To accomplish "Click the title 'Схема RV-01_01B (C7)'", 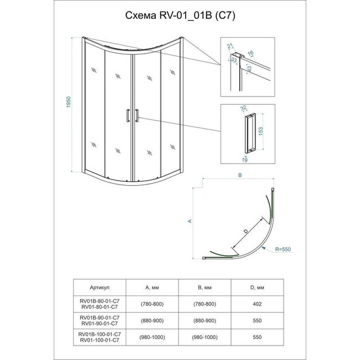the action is click(x=180, y=16).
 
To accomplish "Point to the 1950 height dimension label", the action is click(x=68, y=102).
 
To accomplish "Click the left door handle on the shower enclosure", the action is click(x=128, y=116).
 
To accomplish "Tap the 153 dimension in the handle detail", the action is click(x=261, y=131).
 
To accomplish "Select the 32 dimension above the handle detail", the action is click(x=243, y=108).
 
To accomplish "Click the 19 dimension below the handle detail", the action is click(x=245, y=160).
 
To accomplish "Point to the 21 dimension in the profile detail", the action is click(x=230, y=46).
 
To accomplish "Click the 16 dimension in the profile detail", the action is click(x=251, y=53).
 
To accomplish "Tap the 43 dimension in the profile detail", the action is click(x=249, y=68).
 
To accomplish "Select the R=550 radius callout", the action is click(x=283, y=249).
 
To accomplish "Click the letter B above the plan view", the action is click(x=240, y=175).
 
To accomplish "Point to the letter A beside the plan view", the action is click(x=189, y=221).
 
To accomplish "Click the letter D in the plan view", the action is click(x=246, y=231).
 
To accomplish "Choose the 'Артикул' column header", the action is click(x=99, y=287).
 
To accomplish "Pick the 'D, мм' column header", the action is click(x=257, y=287).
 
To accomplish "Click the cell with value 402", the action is click(x=257, y=304).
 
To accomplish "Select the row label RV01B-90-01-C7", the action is click(x=99, y=318).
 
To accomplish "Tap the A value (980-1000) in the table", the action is click(x=152, y=337).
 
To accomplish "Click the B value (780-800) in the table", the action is click(x=205, y=304).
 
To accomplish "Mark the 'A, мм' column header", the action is click(x=152, y=287).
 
